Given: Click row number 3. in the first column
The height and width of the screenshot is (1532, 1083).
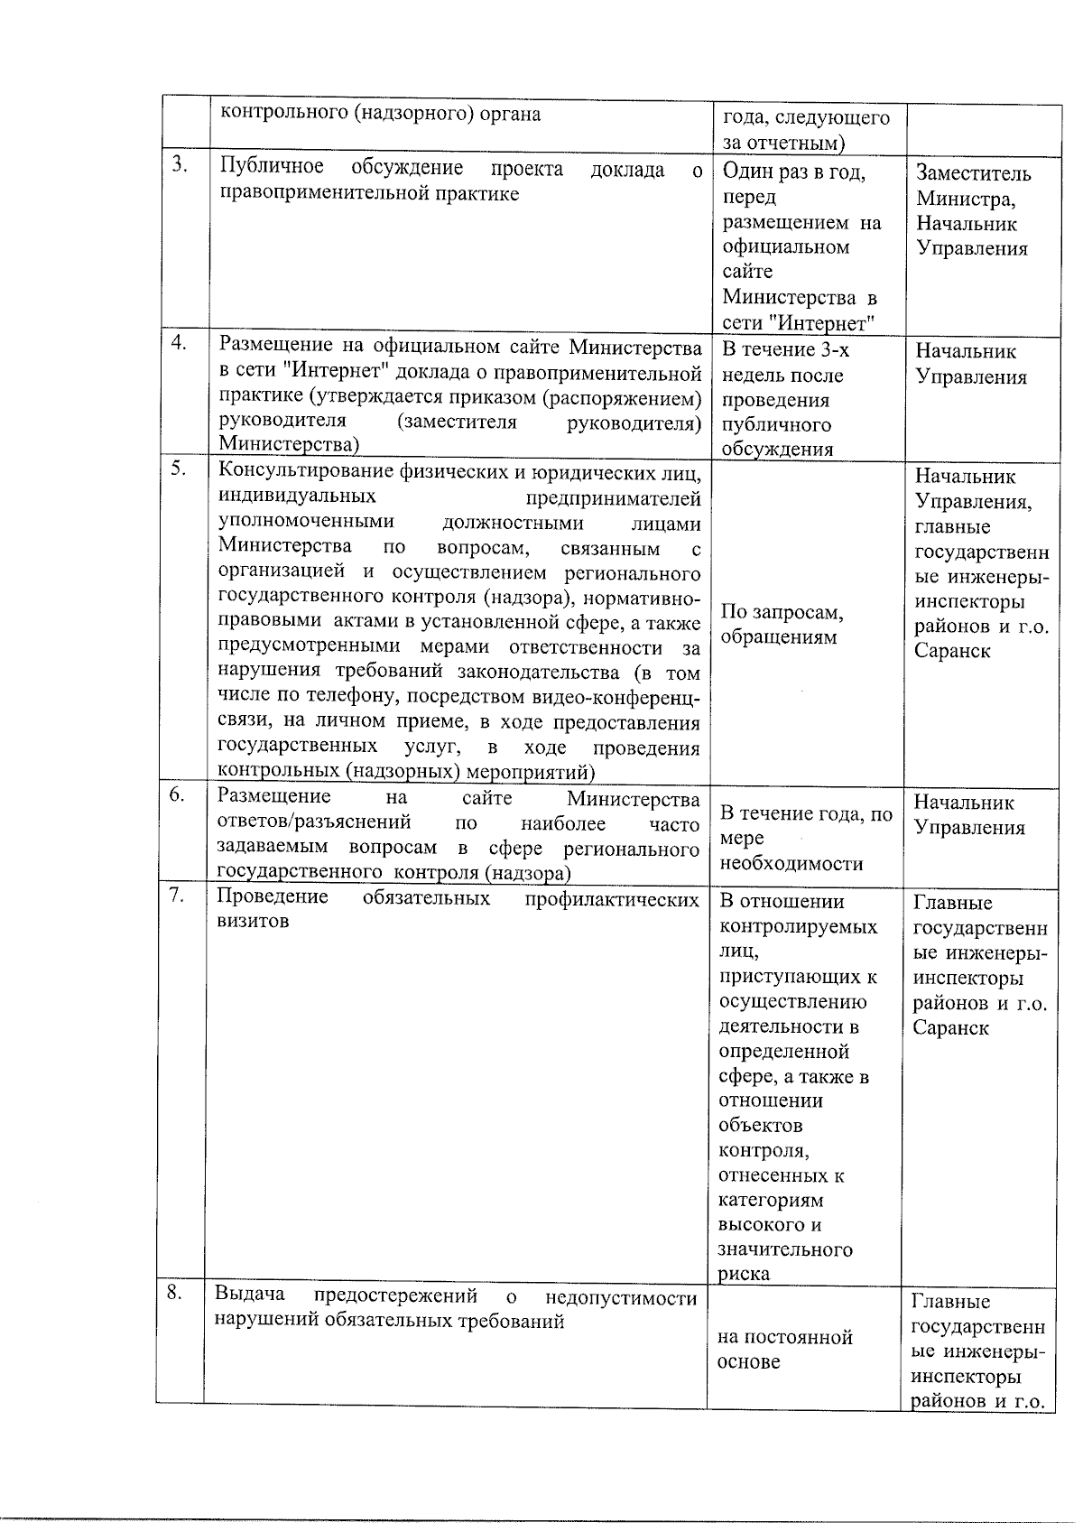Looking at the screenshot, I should (x=180, y=164).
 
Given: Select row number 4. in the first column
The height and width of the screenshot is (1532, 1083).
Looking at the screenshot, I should (x=180, y=342).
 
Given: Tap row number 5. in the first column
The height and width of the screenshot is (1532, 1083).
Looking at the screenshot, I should (x=179, y=468).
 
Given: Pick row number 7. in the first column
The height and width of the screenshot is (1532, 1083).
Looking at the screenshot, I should (x=177, y=895).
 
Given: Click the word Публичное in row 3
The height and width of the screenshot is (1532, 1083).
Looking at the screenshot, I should (x=272, y=169).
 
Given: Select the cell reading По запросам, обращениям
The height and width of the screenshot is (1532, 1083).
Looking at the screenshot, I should (x=781, y=625).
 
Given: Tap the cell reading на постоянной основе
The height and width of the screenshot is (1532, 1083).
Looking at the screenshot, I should (x=784, y=1349).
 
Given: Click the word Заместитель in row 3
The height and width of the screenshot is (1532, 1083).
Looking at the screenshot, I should (x=973, y=173).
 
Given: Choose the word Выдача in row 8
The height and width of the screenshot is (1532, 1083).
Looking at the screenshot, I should (x=249, y=1296).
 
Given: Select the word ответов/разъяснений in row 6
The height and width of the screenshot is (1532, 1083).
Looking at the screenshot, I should (x=315, y=822).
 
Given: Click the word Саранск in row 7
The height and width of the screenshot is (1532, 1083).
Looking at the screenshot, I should (x=950, y=1027).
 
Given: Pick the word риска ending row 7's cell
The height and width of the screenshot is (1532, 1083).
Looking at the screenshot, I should (x=744, y=1274).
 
